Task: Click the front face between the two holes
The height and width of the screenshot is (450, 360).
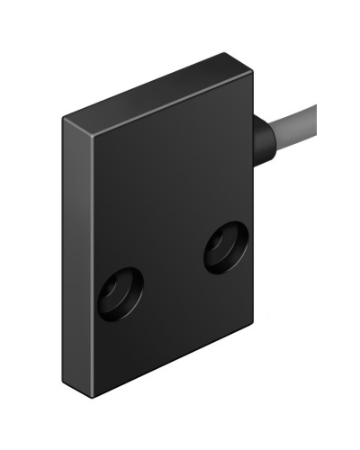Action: point(171,270)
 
